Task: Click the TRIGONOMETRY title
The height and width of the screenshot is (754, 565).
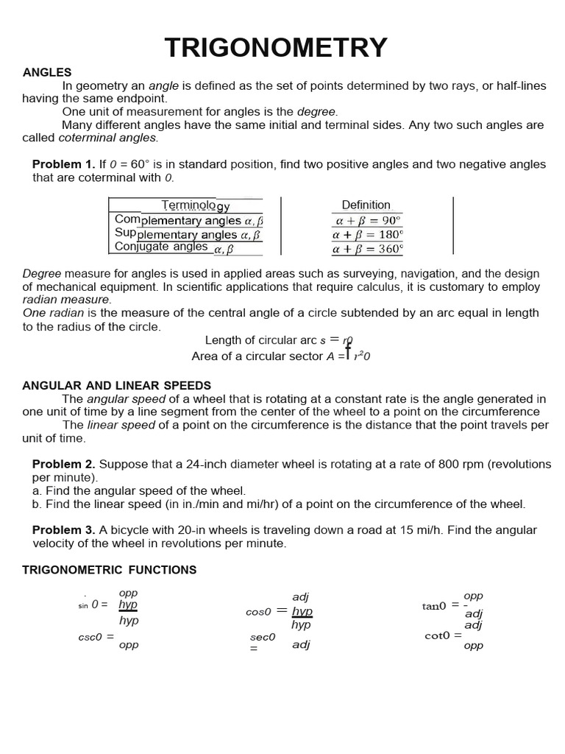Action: [275, 48]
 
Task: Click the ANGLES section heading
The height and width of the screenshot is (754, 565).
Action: [47, 72]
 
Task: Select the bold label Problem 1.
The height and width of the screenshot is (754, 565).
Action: [63, 164]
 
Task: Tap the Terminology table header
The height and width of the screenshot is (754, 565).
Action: [196, 205]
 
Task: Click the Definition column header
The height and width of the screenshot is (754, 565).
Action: [366, 205]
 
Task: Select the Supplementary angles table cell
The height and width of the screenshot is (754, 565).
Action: [188, 234]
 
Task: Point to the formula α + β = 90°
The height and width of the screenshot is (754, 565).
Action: [367, 220]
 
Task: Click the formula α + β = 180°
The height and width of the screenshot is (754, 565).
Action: [367, 235]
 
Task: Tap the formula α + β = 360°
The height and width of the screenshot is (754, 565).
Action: [367, 249]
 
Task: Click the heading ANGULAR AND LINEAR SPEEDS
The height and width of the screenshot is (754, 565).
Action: [117, 386]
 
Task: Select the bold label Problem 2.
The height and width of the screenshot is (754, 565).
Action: [63, 464]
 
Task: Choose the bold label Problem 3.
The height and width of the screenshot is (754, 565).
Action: [63, 530]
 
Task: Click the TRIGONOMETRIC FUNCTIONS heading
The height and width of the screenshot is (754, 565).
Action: [110, 570]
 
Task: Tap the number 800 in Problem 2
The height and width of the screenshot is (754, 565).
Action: [430, 464]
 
